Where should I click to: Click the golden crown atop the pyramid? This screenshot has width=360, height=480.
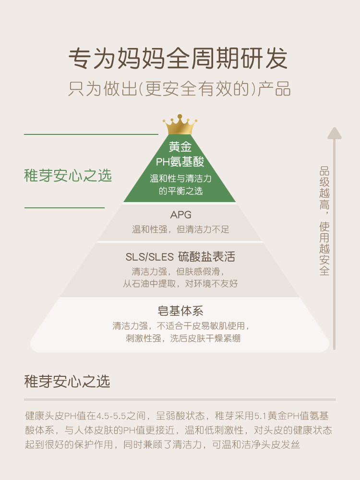click(x=180, y=125)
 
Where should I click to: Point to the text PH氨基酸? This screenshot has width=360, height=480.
click(x=180, y=161)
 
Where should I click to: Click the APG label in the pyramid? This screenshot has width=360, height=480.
click(x=180, y=215)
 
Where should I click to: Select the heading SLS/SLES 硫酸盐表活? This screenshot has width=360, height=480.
click(x=180, y=256)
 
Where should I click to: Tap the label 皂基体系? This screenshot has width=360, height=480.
click(x=180, y=311)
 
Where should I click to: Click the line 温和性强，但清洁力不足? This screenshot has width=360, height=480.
click(x=180, y=229)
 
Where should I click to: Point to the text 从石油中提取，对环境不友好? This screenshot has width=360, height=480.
click(x=180, y=284)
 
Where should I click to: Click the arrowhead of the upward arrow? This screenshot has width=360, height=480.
click(x=334, y=133)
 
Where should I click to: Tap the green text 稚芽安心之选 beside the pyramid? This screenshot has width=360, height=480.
click(x=68, y=176)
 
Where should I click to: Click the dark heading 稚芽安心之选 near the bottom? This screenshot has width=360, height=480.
click(x=67, y=382)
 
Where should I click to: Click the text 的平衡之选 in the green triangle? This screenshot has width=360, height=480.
click(x=180, y=191)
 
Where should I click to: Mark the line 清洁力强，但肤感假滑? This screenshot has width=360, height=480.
click(x=180, y=270)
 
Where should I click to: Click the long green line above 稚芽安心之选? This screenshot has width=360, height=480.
click(x=91, y=134)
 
